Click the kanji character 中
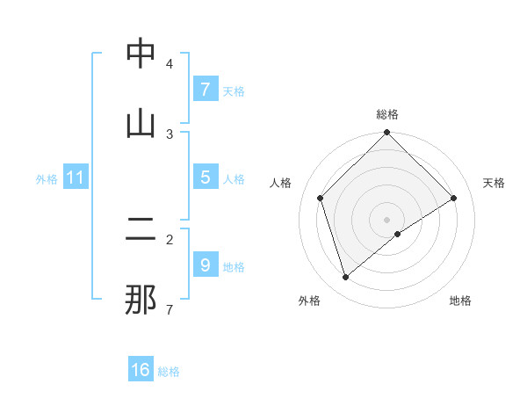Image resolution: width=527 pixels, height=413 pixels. pos(141,54)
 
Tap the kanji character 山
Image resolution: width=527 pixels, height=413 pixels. pos(141,123)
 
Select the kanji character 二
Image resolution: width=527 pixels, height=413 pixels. pos(141,230)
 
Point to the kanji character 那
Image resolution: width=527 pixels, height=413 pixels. pos(141,300)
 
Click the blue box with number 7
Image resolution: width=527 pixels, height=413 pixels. pos(205,89)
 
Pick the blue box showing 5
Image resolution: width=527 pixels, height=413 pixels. pos(205,178)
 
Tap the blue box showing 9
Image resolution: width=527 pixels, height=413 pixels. pos(205,264)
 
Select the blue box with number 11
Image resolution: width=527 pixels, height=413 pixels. pos(76,178)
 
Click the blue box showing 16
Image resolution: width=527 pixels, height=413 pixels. pos(141,370)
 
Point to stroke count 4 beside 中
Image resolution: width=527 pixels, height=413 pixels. pos(170,64)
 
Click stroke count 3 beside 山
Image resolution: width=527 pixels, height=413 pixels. pos(170,134)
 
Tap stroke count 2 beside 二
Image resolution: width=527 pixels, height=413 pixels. pos(170,239)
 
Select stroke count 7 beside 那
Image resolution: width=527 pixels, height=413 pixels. pos(170,309)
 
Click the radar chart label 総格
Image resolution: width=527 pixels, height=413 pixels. pos(387,115)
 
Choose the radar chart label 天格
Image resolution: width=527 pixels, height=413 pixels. pos(495,183)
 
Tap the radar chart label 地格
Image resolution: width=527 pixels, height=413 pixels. pos(460,301)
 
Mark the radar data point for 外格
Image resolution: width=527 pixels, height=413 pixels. pos(346,278)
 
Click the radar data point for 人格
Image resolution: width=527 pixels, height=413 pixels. pos(321,198)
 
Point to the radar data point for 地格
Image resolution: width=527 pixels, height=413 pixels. pos(398,234)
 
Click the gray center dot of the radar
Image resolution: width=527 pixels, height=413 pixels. pos(387,219)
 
